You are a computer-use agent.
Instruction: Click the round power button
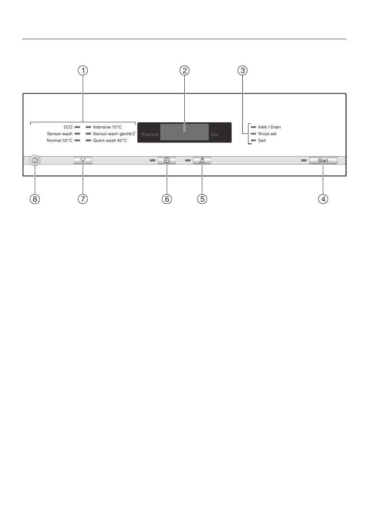(x=34, y=161)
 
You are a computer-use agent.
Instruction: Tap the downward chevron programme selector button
(x=83, y=161)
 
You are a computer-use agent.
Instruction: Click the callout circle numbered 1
(x=83, y=70)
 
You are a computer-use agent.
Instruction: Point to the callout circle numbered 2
(x=185, y=70)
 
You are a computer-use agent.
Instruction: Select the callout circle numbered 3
(x=242, y=70)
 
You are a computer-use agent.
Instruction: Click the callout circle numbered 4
(x=323, y=199)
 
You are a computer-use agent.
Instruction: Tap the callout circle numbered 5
(x=202, y=199)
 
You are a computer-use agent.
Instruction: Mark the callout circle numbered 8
(x=34, y=199)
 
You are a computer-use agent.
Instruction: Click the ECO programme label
(x=68, y=127)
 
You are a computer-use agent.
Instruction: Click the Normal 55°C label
(x=60, y=140)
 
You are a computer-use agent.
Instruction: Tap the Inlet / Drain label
(x=270, y=127)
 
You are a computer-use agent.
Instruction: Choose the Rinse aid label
(x=267, y=134)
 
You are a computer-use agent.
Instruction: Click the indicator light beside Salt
(x=253, y=140)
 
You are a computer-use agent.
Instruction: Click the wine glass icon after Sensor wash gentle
(x=134, y=133)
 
